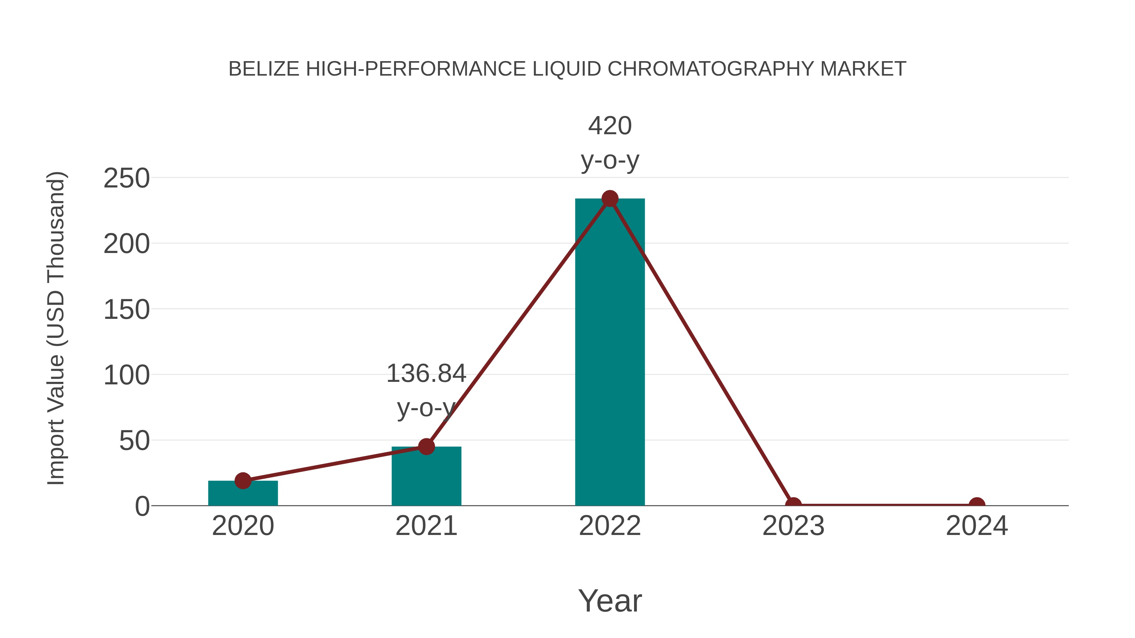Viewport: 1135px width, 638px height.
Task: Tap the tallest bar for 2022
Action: (x=610, y=352)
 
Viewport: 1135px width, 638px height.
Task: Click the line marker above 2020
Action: (x=243, y=480)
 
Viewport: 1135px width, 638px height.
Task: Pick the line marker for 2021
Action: (x=426, y=446)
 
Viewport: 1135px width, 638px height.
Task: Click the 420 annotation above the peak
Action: (x=610, y=126)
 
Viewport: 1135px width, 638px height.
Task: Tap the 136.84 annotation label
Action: (x=426, y=373)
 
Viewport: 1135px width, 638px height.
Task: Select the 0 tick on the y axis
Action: (x=142, y=506)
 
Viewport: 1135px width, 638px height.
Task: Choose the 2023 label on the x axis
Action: (x=793, y=526)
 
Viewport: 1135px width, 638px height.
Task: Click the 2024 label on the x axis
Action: (x=977, y=526)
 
